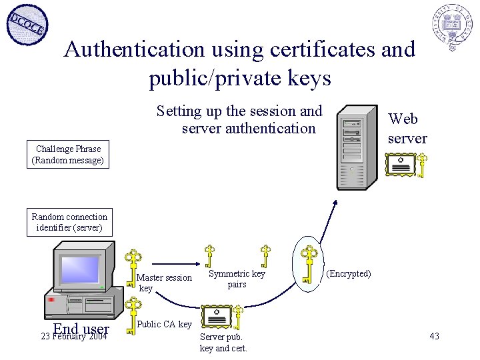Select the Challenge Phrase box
(x=68, y=155)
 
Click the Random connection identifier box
(x=69, y=222)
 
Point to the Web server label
(x=407, y=129)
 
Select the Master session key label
(x=163, y=283)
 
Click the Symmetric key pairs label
(x=237, y=279)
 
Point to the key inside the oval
(x=308, y=264)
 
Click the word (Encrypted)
(x=348, y=274)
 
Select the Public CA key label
(x=164, y=325)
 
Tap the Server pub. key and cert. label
(x=223, y=343)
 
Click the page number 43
(x=434, y=336)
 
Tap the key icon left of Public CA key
(x=134, y=313)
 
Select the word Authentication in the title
(x=134, y=49)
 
